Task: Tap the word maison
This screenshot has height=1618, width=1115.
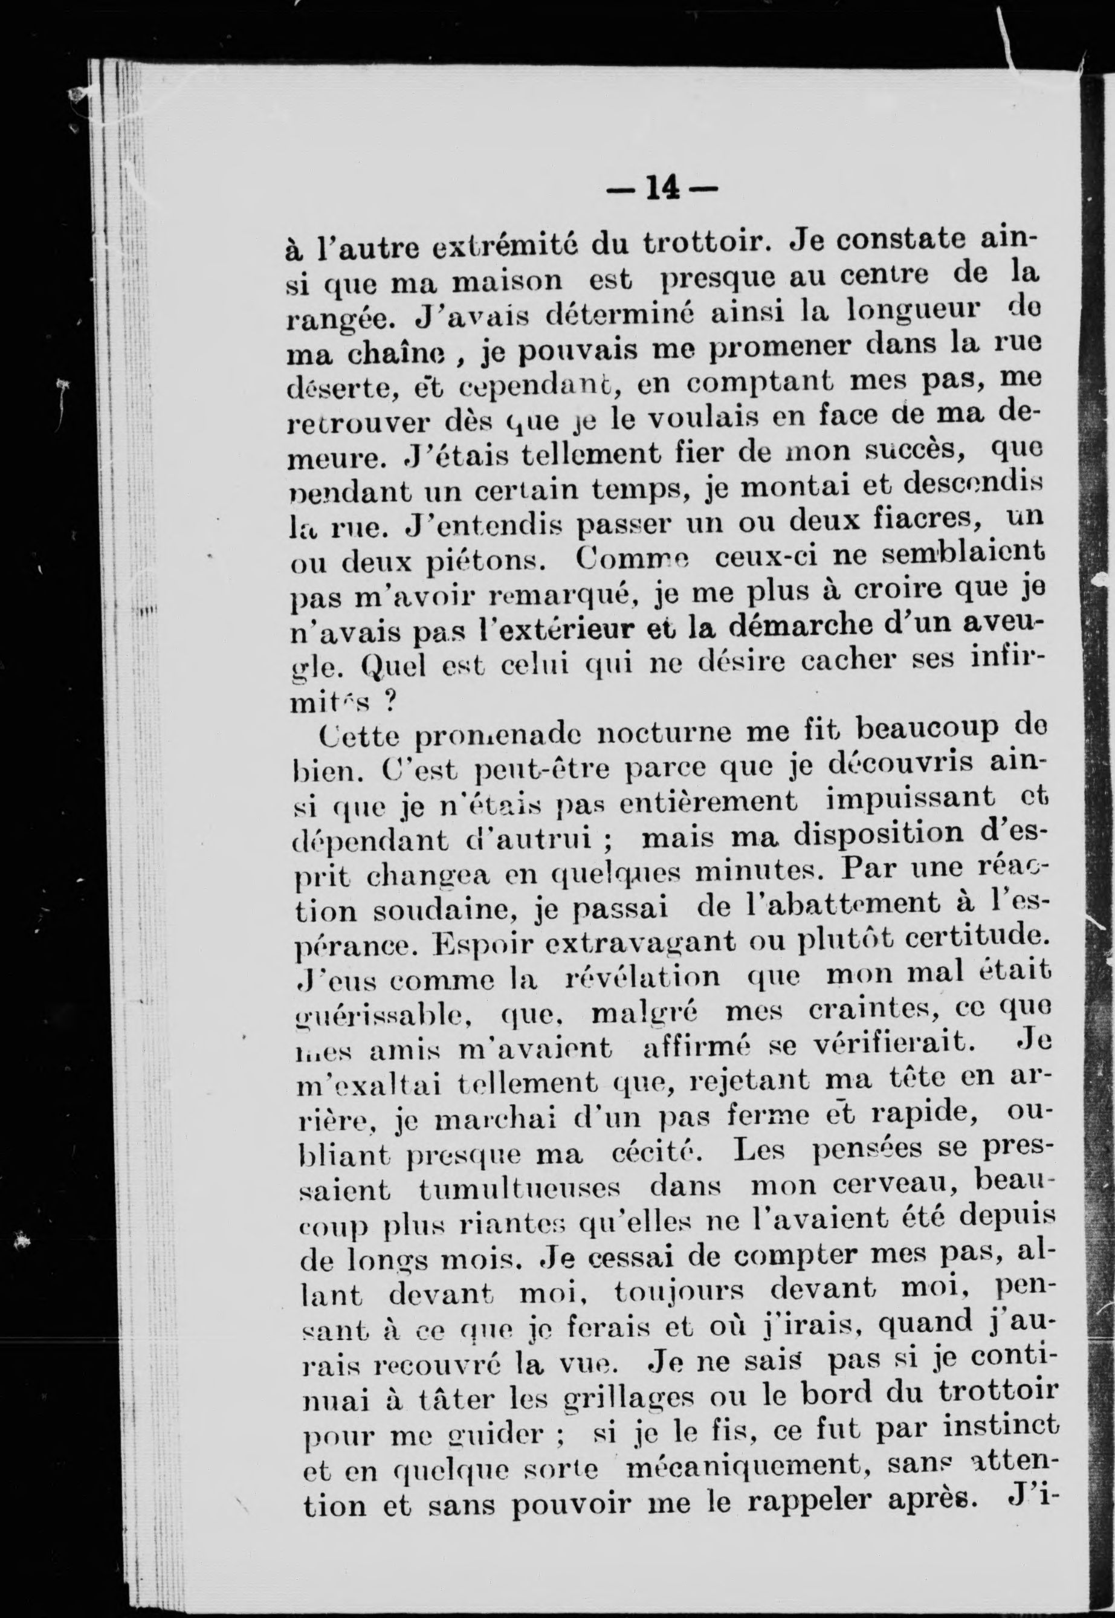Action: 505,281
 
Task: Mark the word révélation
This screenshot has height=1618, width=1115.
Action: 641,976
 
